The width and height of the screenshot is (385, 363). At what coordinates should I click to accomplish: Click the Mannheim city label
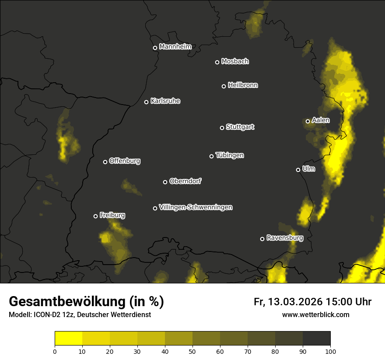tap(175, 47)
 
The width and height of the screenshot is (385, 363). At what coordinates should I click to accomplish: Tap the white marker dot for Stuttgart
tap(222, 128)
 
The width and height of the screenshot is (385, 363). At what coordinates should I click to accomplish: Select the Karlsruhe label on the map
tap(165, 101)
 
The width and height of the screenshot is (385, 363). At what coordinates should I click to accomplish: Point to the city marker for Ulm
tap(298, 170)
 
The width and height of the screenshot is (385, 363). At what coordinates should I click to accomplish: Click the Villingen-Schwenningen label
tap(196, 207)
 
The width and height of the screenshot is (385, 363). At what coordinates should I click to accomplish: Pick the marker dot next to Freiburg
tap(95, 216)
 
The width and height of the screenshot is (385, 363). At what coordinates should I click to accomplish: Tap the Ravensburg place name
tap(284, 238)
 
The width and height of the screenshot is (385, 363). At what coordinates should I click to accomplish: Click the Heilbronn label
tap(243, 85)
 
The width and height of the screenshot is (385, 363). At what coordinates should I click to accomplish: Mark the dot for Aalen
tap(308, 121)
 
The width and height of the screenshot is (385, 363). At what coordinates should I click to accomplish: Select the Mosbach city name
tap(235, 61)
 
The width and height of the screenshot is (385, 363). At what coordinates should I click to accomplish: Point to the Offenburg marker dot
tap(105, 162)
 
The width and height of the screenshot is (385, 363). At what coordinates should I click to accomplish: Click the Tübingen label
tap(230, 155)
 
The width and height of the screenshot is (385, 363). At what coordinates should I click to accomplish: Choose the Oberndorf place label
tap(185, 181)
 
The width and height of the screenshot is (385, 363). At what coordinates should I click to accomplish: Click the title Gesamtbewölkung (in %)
tap(86, 302)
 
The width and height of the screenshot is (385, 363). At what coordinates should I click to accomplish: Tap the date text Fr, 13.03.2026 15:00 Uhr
tap(312, 302)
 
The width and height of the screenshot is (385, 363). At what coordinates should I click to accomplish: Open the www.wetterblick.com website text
tap(315, 314)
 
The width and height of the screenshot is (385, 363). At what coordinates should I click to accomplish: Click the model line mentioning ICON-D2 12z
tap(80, 315)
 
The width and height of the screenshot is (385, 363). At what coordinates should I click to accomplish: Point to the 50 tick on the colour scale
tap(192, 351)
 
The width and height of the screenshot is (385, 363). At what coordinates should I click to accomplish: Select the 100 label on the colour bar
tap(330, 351)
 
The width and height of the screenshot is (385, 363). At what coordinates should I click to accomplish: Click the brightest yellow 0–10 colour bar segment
tap(68, 339)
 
